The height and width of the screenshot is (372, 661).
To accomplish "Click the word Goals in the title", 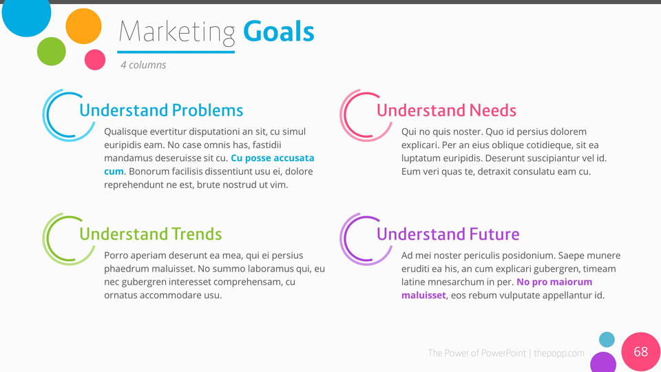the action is tap(279, 32).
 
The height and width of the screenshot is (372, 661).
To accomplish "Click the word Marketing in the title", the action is tap(177, 33).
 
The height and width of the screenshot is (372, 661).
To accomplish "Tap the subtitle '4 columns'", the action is tap(143, 65).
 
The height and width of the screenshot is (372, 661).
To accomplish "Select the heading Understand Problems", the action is tap(161, 110).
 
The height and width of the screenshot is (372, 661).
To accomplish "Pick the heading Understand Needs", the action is tap(446, 110).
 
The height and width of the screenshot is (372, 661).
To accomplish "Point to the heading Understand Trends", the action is tap(151, 234).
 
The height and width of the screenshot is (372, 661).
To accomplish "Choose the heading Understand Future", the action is tap(448, 234).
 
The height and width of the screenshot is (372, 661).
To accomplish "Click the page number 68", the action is tap(641, 351).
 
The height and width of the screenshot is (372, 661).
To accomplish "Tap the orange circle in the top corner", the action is tap(83, 26).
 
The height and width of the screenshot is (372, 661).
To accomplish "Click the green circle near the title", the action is tap(52, 52).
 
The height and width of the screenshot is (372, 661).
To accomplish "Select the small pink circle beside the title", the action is tap(95, 59).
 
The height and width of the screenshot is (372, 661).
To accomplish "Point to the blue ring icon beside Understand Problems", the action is tap(44, 116).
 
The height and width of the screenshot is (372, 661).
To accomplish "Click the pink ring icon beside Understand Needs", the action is tap(342, 116).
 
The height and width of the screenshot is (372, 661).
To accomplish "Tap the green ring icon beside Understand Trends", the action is tap(44, 239).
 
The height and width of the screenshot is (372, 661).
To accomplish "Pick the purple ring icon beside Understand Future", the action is tap(342, 239).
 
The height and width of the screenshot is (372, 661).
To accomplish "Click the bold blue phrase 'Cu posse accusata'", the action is tap(273, 158).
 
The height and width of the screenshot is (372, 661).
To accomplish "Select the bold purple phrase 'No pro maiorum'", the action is tap(554, 282).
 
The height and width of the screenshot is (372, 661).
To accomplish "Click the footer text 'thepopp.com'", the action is tap(559, 353).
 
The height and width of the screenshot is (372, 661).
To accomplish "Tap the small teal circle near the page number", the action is tap(607, 340).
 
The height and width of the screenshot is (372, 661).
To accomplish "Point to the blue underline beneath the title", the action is tap(176, 52).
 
